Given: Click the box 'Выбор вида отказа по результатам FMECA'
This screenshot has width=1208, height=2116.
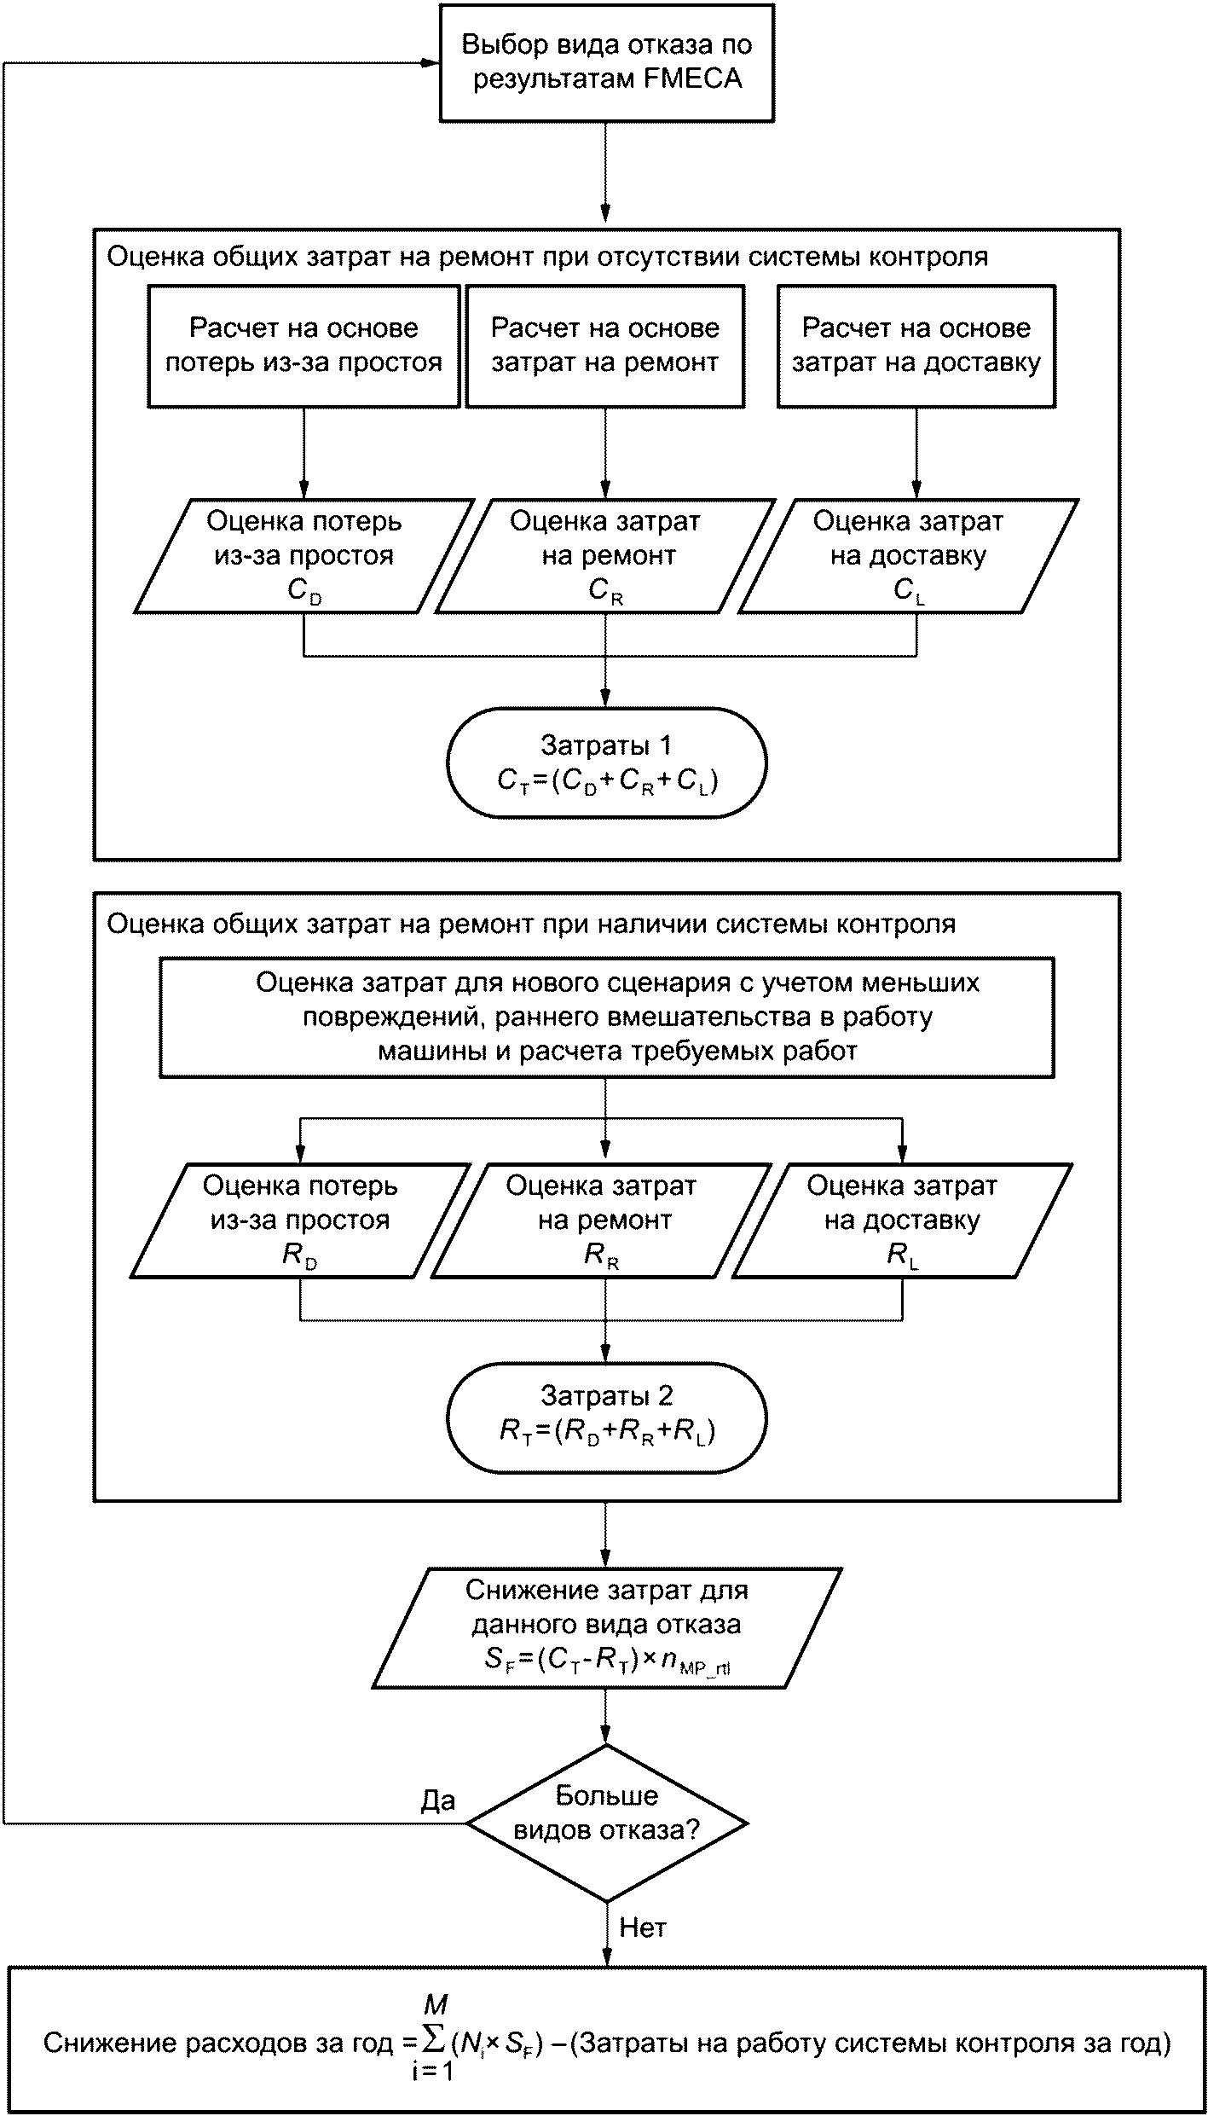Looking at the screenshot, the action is pos(606,62).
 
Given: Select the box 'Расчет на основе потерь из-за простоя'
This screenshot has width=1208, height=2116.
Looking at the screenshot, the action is pos(303,345).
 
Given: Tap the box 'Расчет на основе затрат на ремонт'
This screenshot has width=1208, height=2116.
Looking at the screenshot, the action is pos(605,345).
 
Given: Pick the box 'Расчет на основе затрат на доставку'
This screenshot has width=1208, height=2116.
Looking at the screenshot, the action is pos(916,345).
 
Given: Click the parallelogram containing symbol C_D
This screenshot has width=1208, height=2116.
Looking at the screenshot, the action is pos(303,556).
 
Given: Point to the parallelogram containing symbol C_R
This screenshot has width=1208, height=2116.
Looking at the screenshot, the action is pos(605,556).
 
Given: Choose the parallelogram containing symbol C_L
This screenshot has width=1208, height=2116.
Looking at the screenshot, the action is pos(908,556).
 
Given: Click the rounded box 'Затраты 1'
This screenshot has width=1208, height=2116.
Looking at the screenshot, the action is pos(606,762).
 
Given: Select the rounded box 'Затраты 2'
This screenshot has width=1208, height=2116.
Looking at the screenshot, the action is pos(606,1417).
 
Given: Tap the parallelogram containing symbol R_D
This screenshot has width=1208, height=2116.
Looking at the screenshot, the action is pos(300,1220).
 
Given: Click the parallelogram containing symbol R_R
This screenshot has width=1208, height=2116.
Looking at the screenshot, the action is pos(602,1220).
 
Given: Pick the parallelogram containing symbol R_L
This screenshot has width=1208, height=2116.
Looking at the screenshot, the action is pos(902,1220).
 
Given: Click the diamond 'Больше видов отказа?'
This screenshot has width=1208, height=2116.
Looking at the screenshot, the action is pos(606,1823).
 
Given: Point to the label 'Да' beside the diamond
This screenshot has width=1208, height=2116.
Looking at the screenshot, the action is pos(438,1800).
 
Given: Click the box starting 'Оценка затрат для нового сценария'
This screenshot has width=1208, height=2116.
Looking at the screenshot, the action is pos(606,1017).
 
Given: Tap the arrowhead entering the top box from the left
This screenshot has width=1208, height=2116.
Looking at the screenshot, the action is pos(431,63).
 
